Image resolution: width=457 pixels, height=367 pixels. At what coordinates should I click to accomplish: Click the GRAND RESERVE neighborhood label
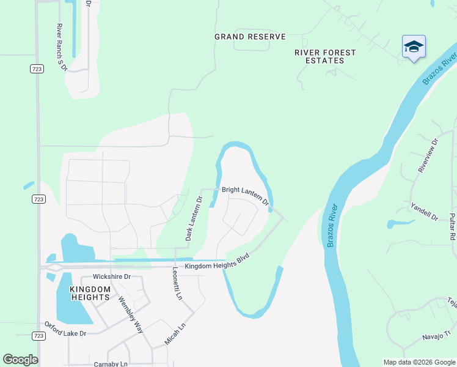pos(250,37)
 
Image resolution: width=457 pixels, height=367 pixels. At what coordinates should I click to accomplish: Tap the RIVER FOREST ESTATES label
pos(325,57)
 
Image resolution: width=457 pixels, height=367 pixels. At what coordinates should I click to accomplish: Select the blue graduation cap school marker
pos(414,47)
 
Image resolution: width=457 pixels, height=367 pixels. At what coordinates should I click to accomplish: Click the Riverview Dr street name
pos(428,155)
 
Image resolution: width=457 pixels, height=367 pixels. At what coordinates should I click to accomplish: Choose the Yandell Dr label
pos(424,212)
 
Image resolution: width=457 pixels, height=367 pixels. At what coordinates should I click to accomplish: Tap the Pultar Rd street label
pos(452,226)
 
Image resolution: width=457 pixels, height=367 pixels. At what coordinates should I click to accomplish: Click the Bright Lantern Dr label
pos(245,195)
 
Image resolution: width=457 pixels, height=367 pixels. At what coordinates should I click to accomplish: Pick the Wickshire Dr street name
pos(112,276)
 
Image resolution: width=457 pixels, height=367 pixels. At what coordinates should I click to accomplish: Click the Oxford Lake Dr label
pos(65,329)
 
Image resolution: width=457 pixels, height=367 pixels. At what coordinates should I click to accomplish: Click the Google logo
pos(20,360)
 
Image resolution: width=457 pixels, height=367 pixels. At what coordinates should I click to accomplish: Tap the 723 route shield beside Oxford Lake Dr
pos(38,336)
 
